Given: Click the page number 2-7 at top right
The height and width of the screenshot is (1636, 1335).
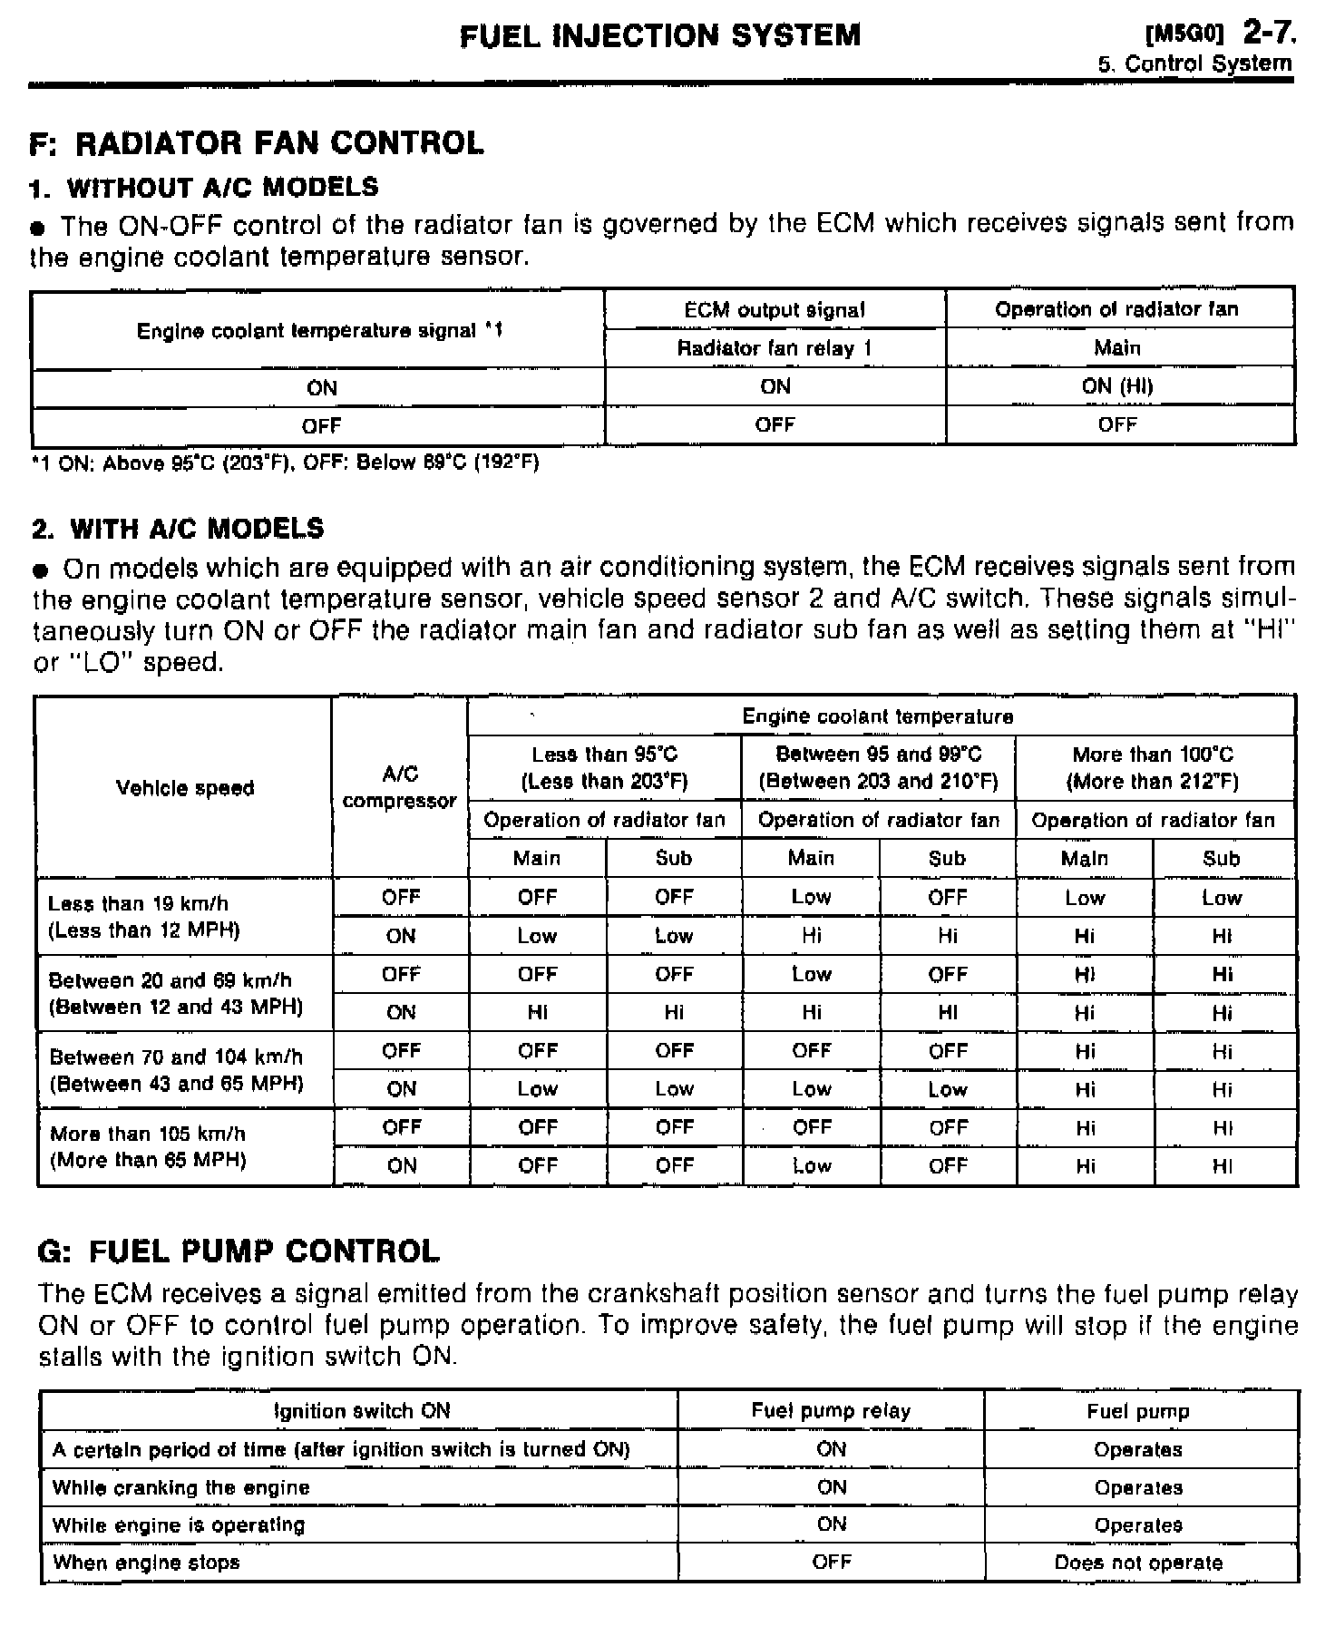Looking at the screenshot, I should click(1269, 34).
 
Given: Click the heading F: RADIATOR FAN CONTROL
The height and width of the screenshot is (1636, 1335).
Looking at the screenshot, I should click(257, 143).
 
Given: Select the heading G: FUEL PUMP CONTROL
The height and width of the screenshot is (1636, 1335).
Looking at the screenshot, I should click(239, 1251).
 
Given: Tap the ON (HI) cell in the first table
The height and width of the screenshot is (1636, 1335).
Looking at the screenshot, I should click(1117, 386).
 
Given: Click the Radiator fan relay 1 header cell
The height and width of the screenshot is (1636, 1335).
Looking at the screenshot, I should click(775, 348).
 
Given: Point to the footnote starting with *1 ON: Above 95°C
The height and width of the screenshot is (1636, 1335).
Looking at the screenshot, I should click(285, 463).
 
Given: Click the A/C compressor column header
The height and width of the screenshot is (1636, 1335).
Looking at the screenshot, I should click(400, 787).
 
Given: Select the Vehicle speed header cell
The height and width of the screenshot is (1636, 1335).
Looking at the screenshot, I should click(185, 788).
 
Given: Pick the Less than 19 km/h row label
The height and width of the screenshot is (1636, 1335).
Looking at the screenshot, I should click(144, 917).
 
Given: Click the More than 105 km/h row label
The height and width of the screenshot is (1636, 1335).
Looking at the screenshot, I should click(148, 1147).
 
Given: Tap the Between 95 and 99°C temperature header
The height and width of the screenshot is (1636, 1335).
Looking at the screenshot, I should click(878, 767).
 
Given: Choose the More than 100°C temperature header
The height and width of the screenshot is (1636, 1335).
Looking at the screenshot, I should click(1153, 767).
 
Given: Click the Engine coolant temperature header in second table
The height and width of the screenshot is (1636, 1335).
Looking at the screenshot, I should click(878, 716).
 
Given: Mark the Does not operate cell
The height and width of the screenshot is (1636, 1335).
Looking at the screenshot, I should click(1138, 1563).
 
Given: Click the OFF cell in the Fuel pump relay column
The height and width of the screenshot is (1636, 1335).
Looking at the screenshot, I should click(832, 1562).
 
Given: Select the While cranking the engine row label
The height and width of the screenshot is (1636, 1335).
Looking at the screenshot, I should click(181, 1487).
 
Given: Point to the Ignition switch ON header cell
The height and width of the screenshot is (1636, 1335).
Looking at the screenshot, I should click(361, 1411).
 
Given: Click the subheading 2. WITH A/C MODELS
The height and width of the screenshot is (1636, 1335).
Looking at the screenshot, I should click(178, 529).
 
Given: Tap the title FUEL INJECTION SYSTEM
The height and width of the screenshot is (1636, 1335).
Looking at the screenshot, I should click(660, 35).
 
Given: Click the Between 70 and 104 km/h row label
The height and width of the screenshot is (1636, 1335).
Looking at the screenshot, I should click(176, 1070).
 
